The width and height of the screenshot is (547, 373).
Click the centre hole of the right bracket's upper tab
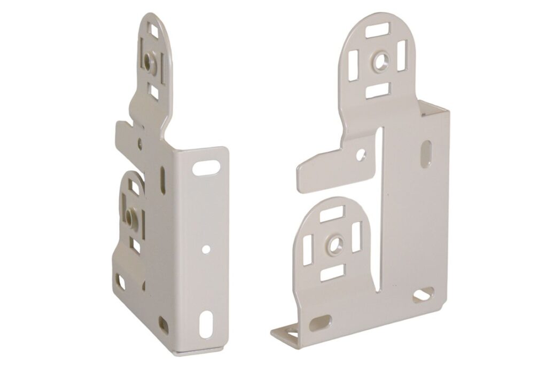pyautogui.click(x=380, y=61)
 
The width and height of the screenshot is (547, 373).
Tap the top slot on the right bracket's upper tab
pyautogui.click(x=377, y=30)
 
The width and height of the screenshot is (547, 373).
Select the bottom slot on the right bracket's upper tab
pyautogui.click(x=378, y=91)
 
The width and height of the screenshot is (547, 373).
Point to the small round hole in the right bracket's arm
pyautogui.click(x=362, y=155)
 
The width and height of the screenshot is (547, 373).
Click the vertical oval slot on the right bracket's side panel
pyautogui.click(x=426, y=154)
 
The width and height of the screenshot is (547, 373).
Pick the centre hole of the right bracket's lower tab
pyautogui.click(x=335, y=245)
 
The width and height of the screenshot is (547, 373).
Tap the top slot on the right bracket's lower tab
pyautogui.click(x=332, y=215)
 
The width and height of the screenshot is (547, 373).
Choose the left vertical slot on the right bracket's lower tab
pyautogui.click(x=308, y=249)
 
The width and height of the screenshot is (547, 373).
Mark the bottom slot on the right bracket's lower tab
pyautogui.click(x=332, y=273)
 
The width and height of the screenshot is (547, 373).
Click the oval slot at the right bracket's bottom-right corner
pyautogui.click(x=423, y=295)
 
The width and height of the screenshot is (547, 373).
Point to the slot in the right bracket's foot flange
pyautogui.click(x=292, y=335)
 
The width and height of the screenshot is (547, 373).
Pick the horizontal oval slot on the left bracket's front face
pyautogui.click(x=206, y=169)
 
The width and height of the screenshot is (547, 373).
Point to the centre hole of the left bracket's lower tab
pyautogui.click(x=130, y=216)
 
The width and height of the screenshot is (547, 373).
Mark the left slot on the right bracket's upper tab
pyautogui.click(x=353, y=66)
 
